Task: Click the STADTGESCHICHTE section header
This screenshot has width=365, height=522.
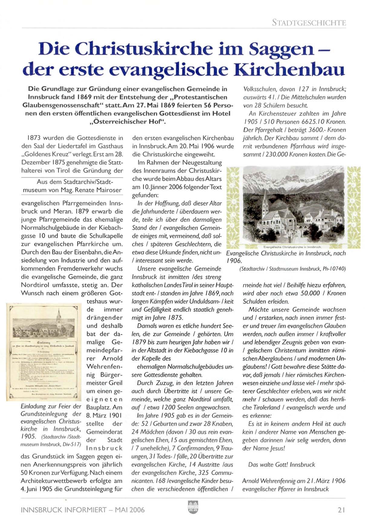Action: (x=309, y=23)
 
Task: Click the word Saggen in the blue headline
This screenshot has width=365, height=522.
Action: (x=283, y=49)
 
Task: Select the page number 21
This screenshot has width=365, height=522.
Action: (x=341, y=510)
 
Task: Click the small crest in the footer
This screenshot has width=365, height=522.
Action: (x=193, y=507)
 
